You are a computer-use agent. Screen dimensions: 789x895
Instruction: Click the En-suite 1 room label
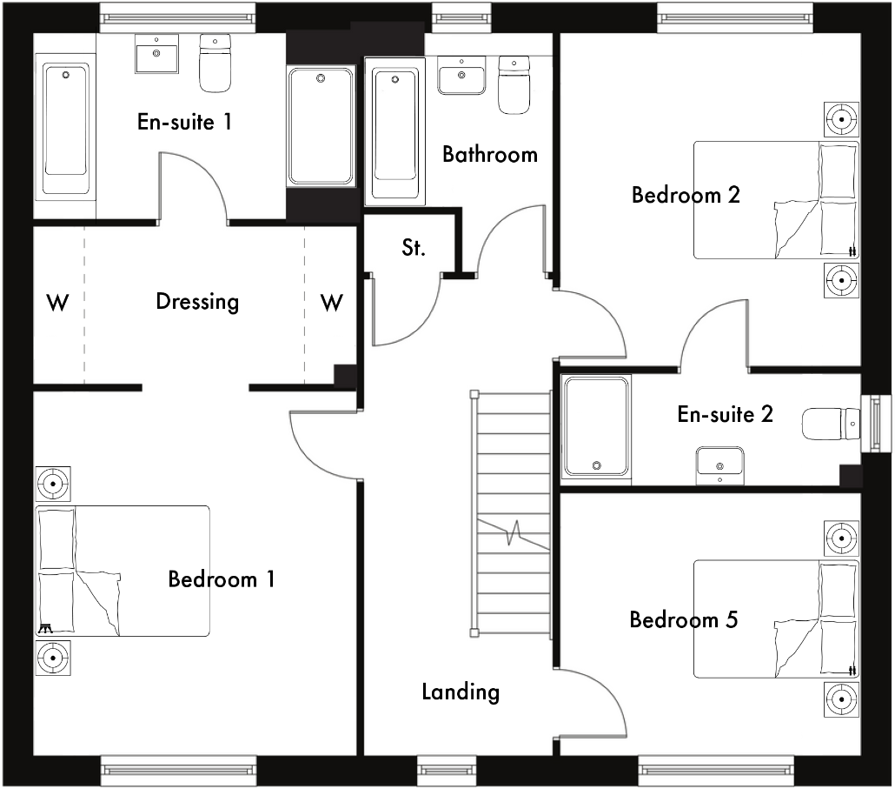pyautogui.click(x=184, y=122)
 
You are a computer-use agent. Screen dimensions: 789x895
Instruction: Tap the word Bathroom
pyautogui.click(x=490, y=155)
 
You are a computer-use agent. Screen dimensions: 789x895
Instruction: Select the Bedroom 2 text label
pyautogui.click(x=686, y=195)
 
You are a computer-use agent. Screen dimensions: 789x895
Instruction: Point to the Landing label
pyautogui.click(x=461, y=692)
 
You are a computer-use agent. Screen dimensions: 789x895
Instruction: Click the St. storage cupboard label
pyautogui.click(x=414, y=248)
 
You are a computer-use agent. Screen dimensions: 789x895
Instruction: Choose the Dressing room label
pyautogui.click(x=197, y=302)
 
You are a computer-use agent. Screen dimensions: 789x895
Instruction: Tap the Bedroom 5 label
pyautogui.click(x=683, y=620)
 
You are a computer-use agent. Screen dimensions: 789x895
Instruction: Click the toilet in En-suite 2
pyautogui.click(x=828, y=425)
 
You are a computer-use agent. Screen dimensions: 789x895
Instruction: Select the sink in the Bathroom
pyautogui.click(x=462, y=76)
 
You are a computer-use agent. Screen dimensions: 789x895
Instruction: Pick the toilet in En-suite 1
pyautogui.click(x=215, y=63)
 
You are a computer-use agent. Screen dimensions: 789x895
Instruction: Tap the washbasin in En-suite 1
pyautogui.click(x=157, y=55)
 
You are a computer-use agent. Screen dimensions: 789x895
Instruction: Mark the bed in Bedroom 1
pyautogui.click(x=123, y=571)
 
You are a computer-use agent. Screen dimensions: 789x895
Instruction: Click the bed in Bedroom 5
pyautogui.click(x=775, y=619)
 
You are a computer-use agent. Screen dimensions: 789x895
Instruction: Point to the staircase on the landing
pyautogui.click(x=512, y=513)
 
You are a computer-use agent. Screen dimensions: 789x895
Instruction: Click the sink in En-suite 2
pyautogui.click(x=719, y=462)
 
